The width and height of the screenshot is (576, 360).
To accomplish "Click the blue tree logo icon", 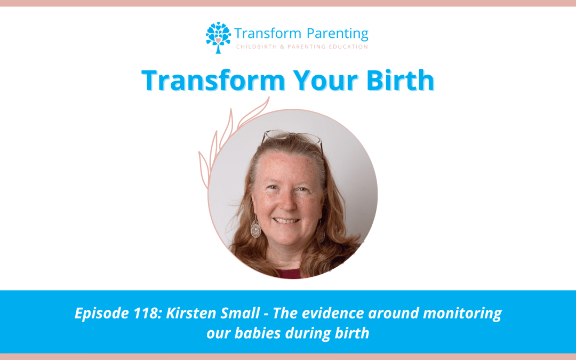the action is (x=218, y=37).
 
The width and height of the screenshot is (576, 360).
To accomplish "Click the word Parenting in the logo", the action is (x=337, y=34).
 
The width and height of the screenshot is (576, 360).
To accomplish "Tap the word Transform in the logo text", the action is (x=268, y=34).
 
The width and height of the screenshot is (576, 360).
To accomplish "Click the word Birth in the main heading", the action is (x=401, y=79).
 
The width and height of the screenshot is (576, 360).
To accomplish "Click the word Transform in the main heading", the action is (x=213, y=80).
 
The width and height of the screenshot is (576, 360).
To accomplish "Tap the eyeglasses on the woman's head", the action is (x=292, y=138).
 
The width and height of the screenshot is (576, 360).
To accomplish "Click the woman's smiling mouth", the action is (x=286, y=221).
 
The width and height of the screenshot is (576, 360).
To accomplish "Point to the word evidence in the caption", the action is (x=333, y=314).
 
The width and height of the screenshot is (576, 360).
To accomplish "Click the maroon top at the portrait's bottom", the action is (x=289, y=274).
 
